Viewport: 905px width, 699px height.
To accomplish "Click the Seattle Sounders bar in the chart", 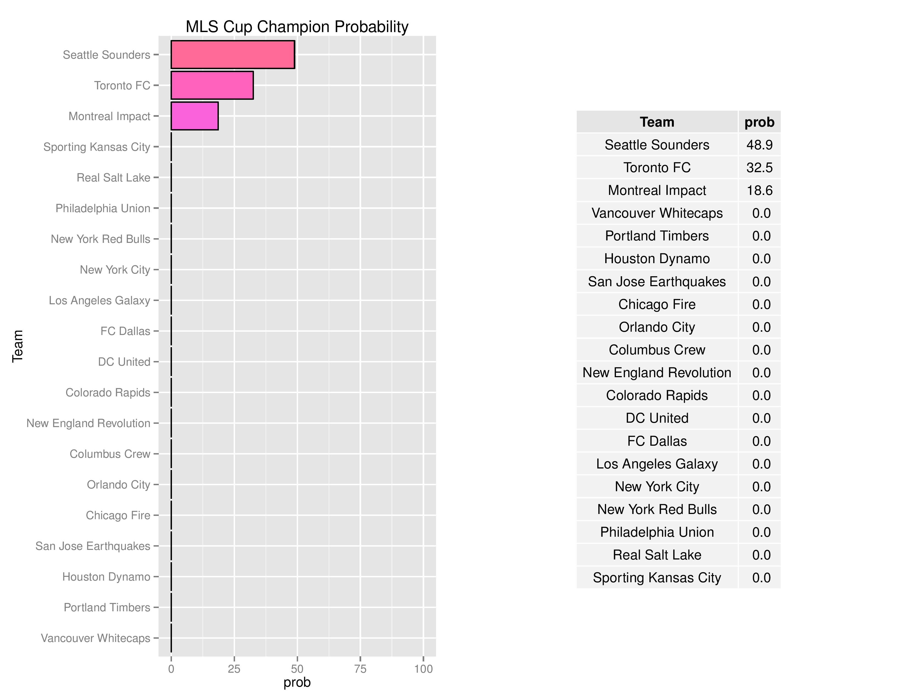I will coord(233,55).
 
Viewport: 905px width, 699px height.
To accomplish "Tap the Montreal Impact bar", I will coord(194,116).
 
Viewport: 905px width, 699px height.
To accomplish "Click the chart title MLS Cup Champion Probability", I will coord(297,27).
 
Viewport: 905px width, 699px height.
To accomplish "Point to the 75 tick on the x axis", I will coord(360,669).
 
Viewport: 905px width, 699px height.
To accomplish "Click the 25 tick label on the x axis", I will coord(234,669).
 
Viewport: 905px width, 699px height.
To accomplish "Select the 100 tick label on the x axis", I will coord(423,669).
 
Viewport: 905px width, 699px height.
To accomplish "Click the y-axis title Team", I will coord(17,346).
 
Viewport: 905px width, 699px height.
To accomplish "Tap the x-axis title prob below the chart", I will coord(297,683).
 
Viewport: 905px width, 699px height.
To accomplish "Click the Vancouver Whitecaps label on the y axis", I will coord(95,638).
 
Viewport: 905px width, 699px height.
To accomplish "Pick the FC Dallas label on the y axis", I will coord(125,331).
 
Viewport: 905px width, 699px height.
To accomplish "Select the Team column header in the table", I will coord(657,122).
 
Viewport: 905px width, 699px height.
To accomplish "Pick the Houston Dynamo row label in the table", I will coord(657,259).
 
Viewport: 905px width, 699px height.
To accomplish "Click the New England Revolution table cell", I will coord(657,373).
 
